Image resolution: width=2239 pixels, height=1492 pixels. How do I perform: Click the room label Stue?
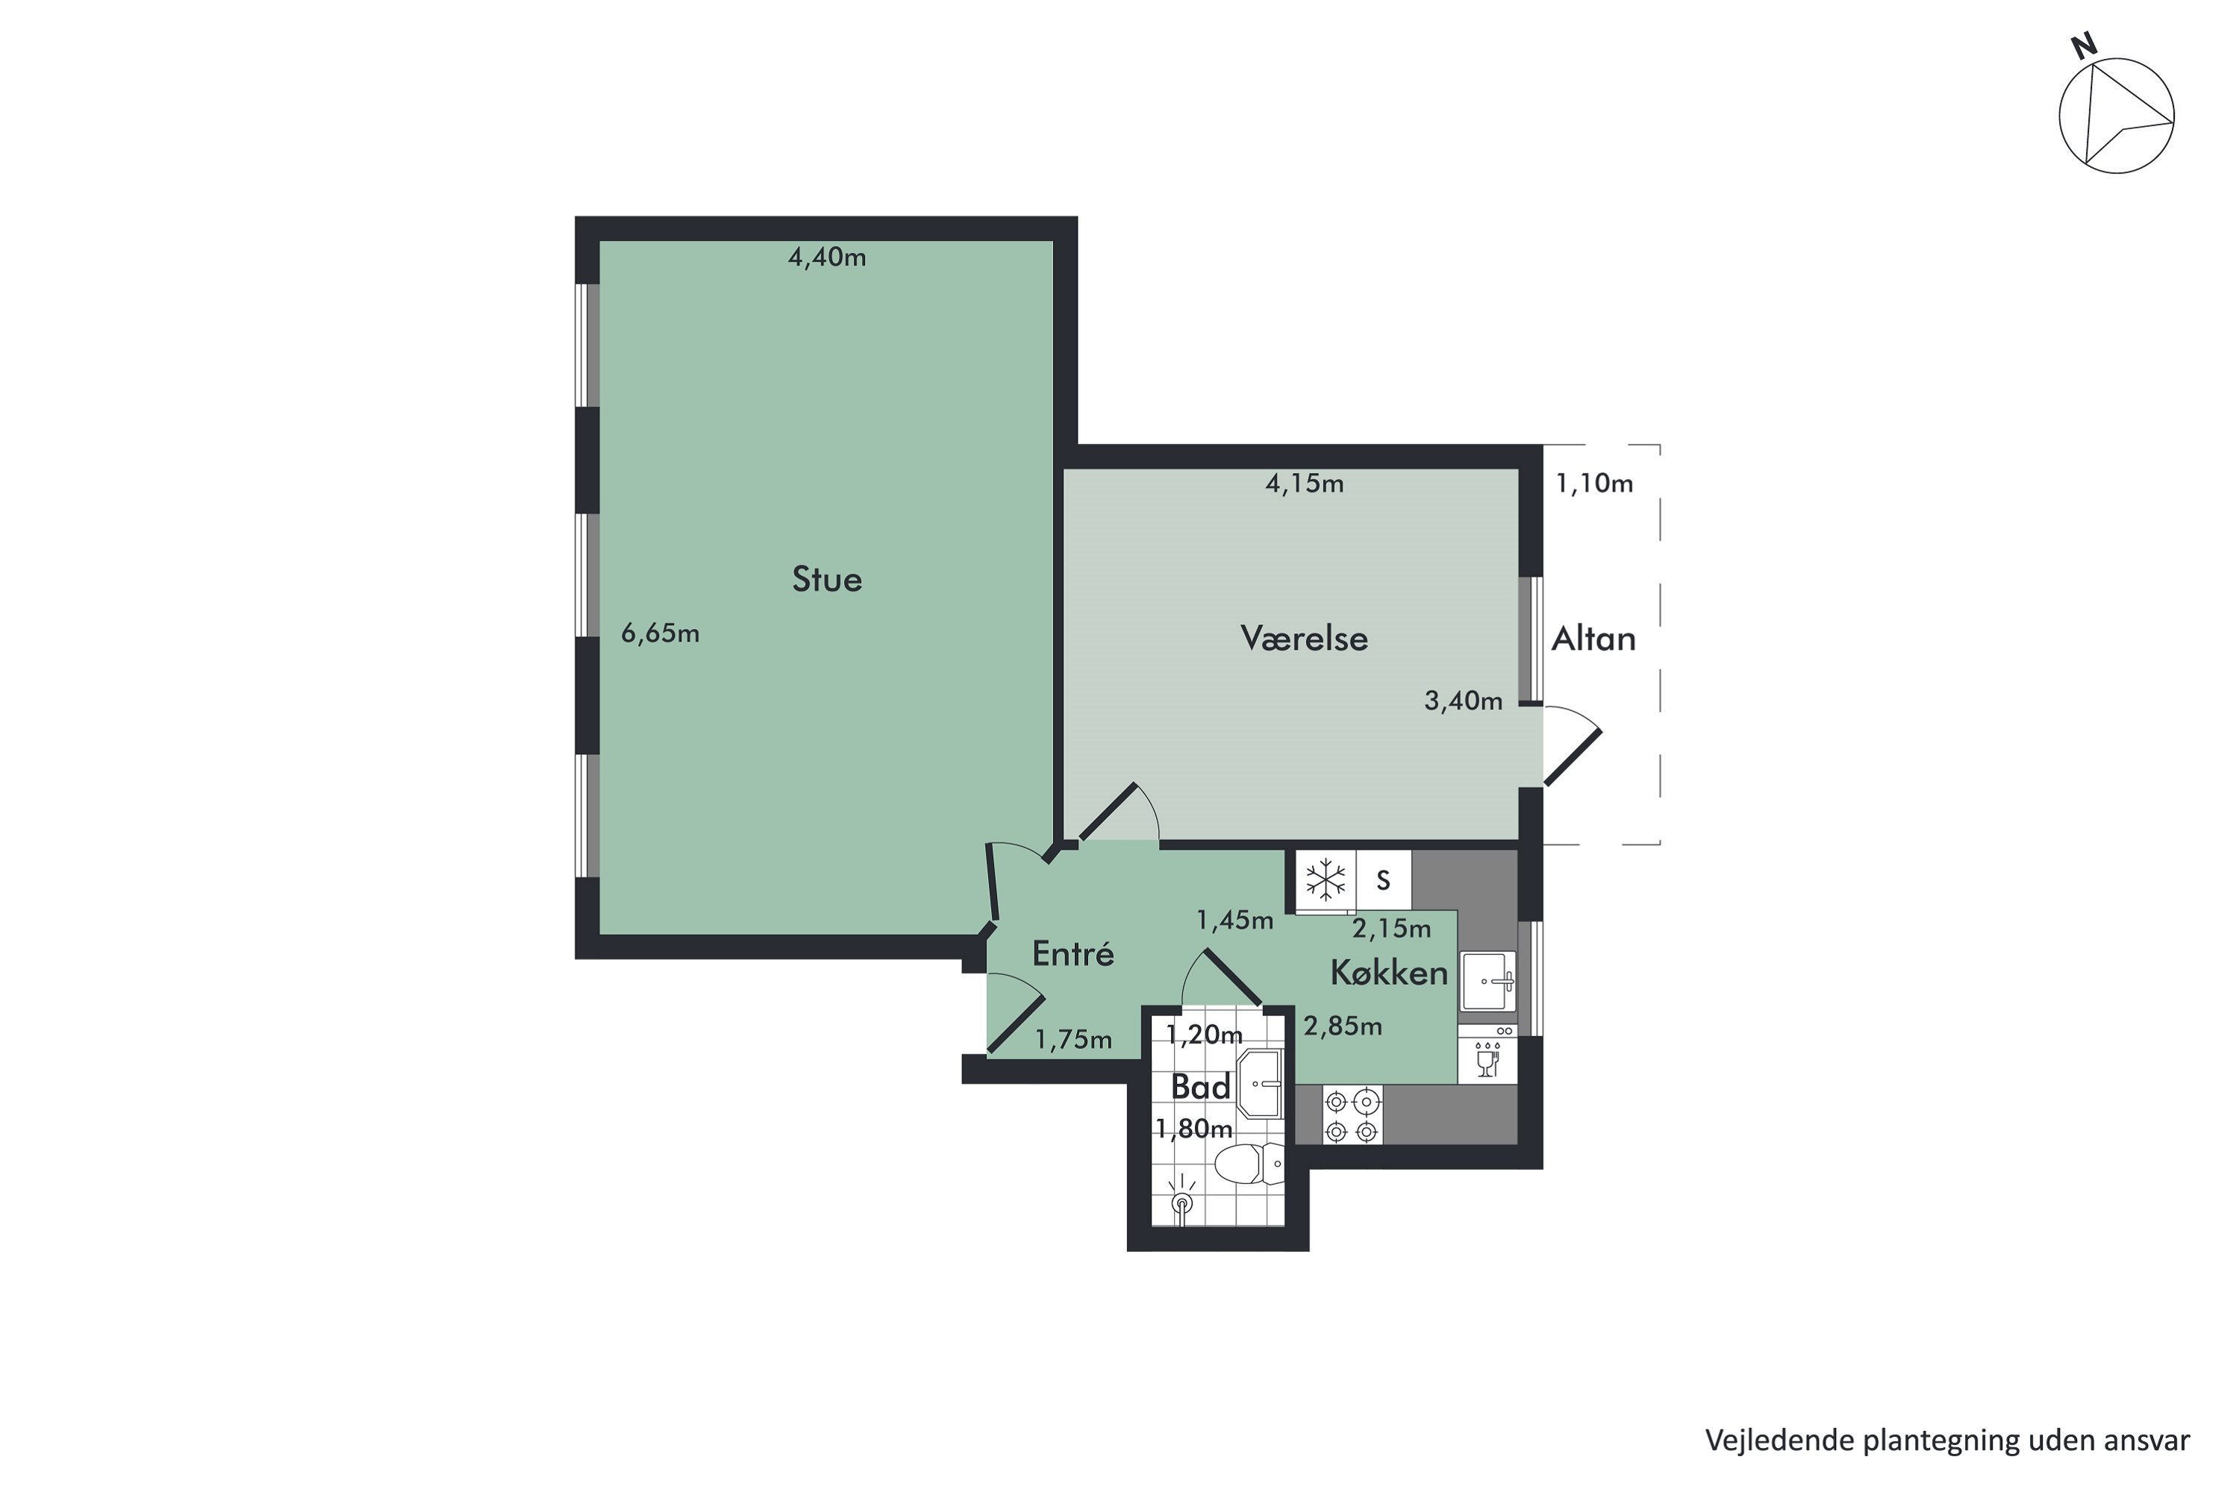click(826, 580)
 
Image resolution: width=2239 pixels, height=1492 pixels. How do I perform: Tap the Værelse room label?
click(1304, 639)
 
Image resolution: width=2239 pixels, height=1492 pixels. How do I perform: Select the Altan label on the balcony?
click(1593, 639)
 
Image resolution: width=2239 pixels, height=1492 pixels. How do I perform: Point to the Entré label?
click(1073, 953)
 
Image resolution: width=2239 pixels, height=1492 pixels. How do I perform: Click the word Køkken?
click(1389, 973)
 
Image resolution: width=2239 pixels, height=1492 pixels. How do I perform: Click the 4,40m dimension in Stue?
click(827, 257)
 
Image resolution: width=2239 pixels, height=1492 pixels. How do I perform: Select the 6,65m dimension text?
click(660, 633)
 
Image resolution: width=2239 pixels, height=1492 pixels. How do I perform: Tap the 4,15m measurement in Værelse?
click(1304, 483)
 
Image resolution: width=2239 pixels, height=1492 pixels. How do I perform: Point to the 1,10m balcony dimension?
click(1594, 483)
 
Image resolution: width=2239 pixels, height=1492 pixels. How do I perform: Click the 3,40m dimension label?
click(1463, 701)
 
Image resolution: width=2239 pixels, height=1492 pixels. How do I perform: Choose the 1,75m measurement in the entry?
click(1074, 1040)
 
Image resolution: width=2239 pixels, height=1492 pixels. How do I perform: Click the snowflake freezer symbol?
click(1325, 880)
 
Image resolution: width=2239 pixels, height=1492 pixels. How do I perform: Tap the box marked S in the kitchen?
click(1383, 880)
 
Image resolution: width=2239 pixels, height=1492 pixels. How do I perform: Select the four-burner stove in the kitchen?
click(1352, 1116)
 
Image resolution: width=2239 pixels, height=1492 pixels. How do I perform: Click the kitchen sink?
click(1488, 980)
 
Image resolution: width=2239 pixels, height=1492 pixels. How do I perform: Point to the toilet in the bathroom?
click(1249, 1164)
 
